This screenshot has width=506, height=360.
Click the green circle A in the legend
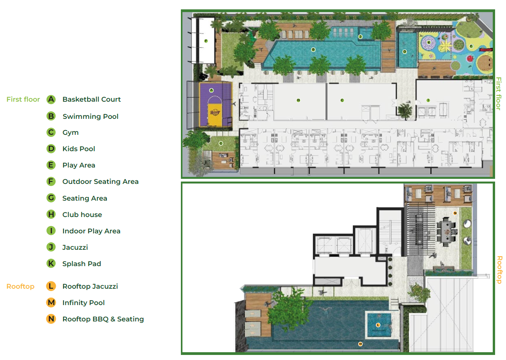[x=51, y=99]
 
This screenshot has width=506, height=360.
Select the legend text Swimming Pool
[x=90, y=116]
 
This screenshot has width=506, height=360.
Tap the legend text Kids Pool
[x=79, y=149]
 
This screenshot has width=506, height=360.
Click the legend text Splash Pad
[x=81, y=264]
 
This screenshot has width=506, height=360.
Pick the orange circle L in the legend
[x=51, y=286]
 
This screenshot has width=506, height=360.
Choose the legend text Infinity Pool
[x=83, y=303]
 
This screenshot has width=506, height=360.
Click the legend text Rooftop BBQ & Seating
[x=103, y=319]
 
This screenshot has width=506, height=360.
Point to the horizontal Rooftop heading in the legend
[x=20, y=286]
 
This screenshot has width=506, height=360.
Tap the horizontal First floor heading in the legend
[x=23, y=99]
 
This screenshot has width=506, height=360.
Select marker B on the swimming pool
[x=313, y=49]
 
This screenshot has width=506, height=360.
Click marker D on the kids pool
[x=405, y=51]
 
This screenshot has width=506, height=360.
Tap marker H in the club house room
[x=298, y=100]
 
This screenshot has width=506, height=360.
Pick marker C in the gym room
[x=342, y=100]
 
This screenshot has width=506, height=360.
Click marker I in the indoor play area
[x=428, y=100]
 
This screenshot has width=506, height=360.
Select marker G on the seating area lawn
[x=221, y=143]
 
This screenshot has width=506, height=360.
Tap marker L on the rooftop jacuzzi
[x=378, y=325]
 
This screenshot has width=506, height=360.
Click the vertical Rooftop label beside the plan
[x=499, y=269]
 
